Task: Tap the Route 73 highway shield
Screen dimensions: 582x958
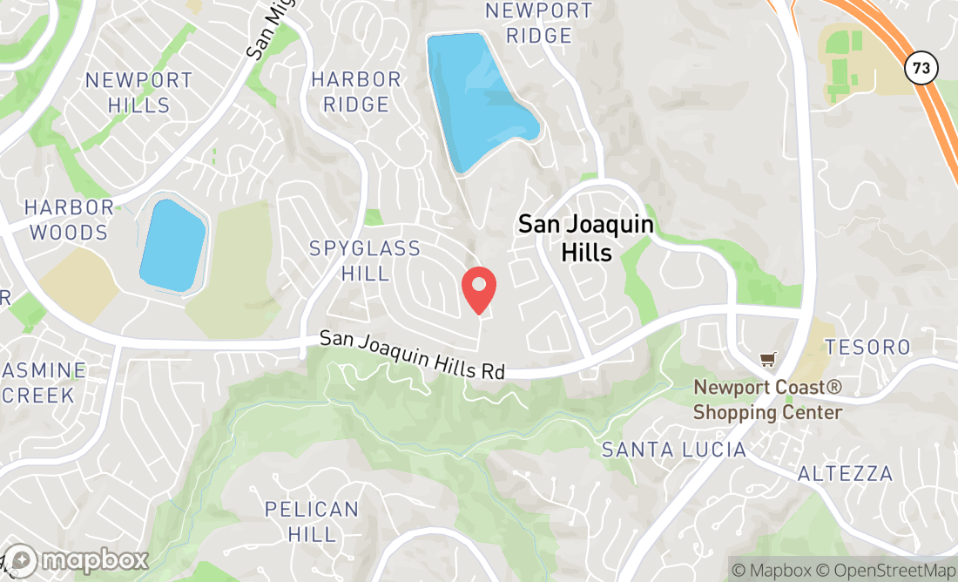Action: (x=920, y=66)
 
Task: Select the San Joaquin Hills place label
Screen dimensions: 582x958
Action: (x=585, y=238)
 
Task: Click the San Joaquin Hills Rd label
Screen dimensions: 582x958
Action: (x=412, y=355)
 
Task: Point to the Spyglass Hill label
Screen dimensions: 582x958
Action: (x=365, y=261)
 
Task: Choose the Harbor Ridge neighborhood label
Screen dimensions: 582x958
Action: (x=356, y=91)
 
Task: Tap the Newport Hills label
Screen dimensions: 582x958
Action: (x=139, y=92)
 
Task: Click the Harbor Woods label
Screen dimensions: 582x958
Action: (x=68, y=220)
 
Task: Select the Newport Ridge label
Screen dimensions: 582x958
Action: (x=539, y=24)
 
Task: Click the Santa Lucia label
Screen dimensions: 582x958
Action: (x=674, y=450)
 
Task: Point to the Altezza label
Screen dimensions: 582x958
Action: (x=846, y=474)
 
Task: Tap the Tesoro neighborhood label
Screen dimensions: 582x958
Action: (x=867, y=347)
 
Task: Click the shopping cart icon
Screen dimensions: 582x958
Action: (x=767, y=359)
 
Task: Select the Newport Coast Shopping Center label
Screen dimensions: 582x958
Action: (x=767, y=400)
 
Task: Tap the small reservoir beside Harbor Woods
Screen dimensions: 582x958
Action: (x=172, y=245)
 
